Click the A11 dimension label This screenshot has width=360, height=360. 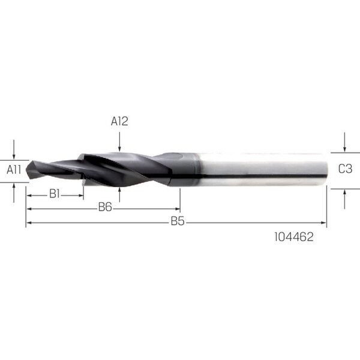14,170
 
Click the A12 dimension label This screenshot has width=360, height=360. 119,121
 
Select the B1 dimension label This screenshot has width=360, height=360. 55,194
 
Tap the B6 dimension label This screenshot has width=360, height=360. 105,208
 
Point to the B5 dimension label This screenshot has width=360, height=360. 178,221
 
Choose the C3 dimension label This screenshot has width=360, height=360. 346,169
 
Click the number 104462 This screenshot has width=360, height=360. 294,237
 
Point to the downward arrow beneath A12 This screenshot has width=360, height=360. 119,142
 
